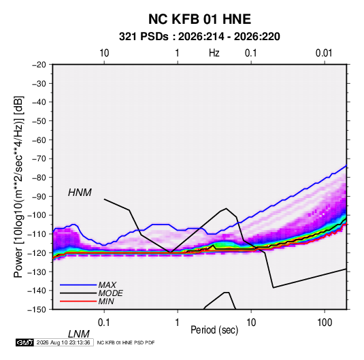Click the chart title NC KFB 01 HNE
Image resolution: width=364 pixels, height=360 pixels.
click(199, 19)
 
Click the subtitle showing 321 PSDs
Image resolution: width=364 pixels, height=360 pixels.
click(199, 37)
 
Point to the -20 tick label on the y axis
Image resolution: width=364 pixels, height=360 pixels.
click(39, 65)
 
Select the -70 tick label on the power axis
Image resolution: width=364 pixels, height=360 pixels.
click(39, 159)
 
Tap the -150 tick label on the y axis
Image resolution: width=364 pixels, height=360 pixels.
click(37, 310)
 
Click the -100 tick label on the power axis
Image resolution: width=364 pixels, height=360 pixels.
click(37, 215)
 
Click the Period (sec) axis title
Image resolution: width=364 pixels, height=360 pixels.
click(214, 330)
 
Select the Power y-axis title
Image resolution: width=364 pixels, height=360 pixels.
click(18, 187)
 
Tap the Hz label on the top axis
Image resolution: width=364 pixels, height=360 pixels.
click(214, 53)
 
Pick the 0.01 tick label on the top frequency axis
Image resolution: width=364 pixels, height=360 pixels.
click(324, 53)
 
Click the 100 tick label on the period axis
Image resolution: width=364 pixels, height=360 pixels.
click(325, 323)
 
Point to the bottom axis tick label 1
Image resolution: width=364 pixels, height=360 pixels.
click(177, 323)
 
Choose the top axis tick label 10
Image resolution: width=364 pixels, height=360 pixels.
click(104, 53)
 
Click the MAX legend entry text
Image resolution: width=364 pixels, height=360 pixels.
click(107, 285)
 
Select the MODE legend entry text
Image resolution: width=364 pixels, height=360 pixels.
click(110, 293)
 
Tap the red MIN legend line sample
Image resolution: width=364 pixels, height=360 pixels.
click(78, 301)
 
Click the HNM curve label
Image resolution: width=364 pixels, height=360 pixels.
click(80, 193)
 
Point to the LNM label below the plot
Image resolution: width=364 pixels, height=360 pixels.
click(79, 334)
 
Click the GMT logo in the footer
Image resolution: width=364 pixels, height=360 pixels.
click(24, 342)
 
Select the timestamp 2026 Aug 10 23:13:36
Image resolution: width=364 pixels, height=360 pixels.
click(63, 342)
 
